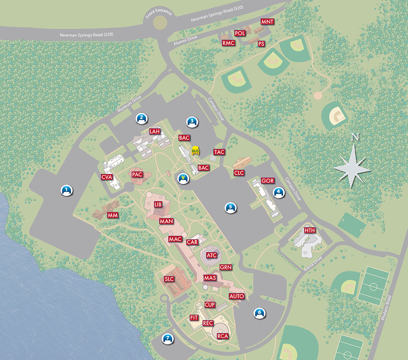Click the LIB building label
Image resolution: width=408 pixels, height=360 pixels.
158,204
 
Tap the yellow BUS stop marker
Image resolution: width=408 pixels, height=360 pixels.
195,150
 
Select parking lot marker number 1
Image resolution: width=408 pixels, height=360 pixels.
67,190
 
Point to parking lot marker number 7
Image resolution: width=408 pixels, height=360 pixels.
167,338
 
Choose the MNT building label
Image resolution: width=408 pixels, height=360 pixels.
267,22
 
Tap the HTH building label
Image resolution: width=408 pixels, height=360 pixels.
310,230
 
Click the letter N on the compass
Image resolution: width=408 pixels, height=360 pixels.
355,137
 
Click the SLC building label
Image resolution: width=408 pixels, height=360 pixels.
169,279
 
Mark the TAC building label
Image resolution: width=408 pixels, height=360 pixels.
219,152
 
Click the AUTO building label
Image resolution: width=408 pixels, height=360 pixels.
237,296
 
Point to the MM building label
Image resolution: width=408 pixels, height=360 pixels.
113,215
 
